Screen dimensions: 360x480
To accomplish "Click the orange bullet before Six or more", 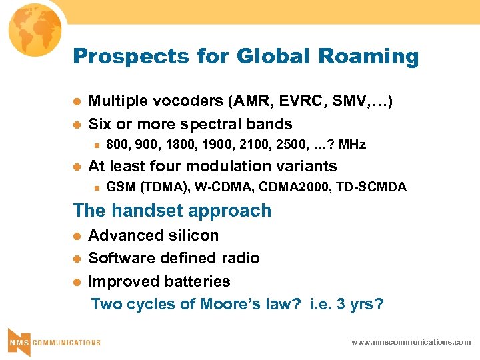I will point(77,125).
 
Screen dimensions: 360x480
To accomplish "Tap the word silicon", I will point(191,235).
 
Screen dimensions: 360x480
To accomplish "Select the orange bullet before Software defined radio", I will point(77,259).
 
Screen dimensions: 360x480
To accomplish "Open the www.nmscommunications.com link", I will point(411,341).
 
